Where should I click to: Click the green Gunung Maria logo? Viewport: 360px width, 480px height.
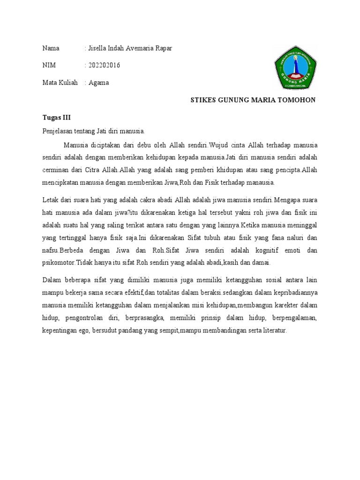tap(296, 70)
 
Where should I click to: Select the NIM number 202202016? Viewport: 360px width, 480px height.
tap(104, 66)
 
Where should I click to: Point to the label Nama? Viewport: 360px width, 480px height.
tap(51, 48)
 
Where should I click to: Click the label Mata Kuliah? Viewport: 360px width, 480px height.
tap(60, 82)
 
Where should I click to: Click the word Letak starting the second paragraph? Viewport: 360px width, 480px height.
tap(51, 201)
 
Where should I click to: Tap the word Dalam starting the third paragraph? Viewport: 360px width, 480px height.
tap(52, 281)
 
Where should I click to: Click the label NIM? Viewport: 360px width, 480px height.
tap(49, 66)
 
